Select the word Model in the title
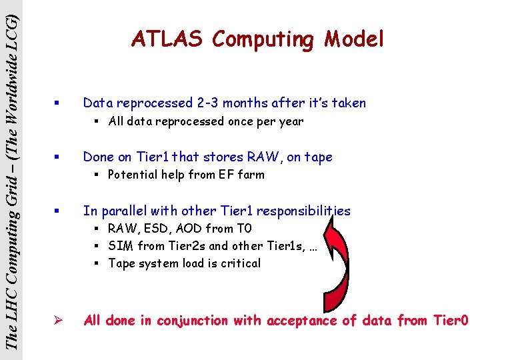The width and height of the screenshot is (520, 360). [x=355, y=39]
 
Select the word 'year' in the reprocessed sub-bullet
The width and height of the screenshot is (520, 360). [x=291, y=121]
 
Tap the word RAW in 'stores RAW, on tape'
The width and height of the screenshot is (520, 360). [x=265, y=157]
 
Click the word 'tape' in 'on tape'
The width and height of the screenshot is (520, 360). [x=318, y=157]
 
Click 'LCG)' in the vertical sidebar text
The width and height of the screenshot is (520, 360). [x=11, y=23]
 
